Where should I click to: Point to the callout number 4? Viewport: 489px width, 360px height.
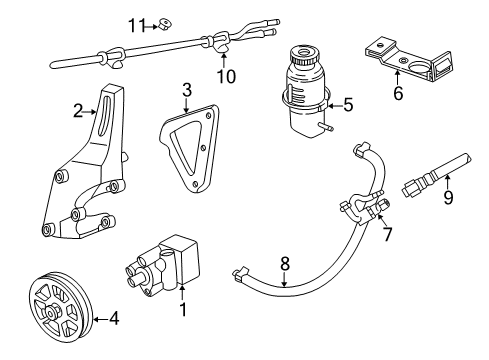[x=113, y=320]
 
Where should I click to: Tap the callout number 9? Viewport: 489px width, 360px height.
[x=449, y=197]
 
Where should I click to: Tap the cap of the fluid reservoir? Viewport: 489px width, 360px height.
[x=303, y=53]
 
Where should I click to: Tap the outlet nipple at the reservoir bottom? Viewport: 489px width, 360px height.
[x=326, y=129]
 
